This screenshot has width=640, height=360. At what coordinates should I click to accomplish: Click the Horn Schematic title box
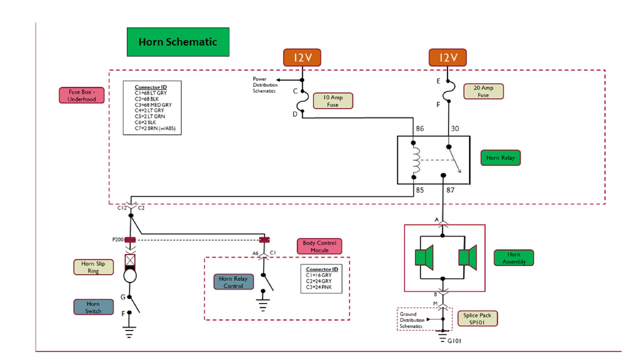(x=178, y=42)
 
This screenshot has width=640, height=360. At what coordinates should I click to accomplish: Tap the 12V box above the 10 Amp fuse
(x=302, y=57)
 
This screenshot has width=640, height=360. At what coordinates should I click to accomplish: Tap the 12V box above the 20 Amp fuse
(x=447, y=57)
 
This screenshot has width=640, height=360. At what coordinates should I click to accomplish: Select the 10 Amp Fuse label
(x=333, y=101)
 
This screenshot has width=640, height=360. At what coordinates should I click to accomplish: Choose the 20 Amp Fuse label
(x=483, y=91)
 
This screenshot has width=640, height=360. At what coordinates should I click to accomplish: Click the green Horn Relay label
(x=500, y=158)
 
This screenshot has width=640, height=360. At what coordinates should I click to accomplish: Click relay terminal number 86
(x=420, y=128)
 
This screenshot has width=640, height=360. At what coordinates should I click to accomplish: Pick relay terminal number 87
(x=450, y=190)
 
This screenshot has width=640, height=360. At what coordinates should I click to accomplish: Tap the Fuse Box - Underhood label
(x=82, y=95)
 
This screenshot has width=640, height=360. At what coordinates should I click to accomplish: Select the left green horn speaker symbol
(x=424, y=257)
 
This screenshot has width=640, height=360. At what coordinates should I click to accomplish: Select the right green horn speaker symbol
(x=468, y=257)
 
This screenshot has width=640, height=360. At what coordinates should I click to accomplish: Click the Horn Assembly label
(x=514, y=258)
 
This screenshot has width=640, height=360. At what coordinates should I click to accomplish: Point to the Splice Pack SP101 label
(x=477, y=318)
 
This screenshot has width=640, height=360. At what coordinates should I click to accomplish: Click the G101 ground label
(x=454, y=341)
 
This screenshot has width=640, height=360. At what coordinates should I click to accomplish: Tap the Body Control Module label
(x=319, y=246)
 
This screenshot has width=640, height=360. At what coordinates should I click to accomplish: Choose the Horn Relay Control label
(x=233, y=282)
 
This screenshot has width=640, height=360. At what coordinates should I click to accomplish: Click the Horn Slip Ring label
(x=93, y=267)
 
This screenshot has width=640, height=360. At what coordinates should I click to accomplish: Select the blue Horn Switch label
(x=93, y=307)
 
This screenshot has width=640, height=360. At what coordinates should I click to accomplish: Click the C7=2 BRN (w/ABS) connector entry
(x=155, y=128)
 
